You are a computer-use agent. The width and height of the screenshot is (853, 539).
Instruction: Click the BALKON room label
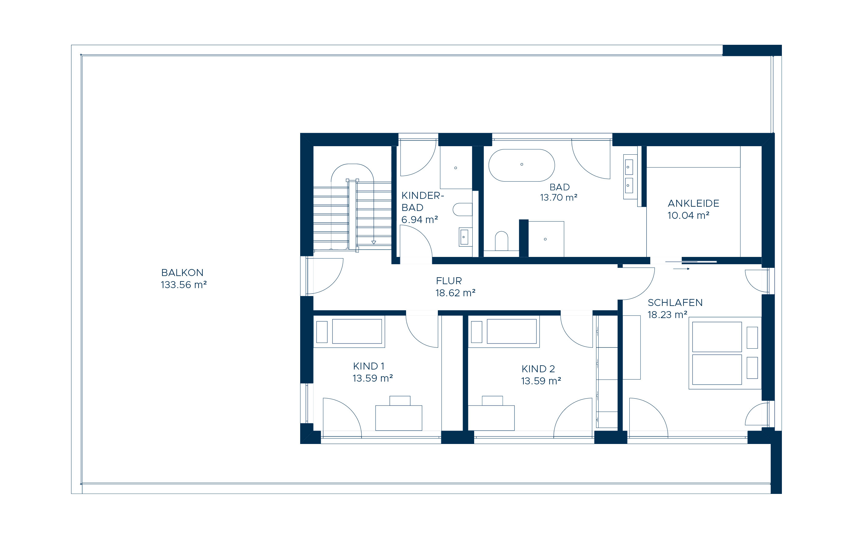point(182,272)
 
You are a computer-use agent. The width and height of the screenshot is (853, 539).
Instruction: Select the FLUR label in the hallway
point(449,281)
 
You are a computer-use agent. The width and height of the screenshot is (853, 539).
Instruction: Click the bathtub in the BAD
point(521,165)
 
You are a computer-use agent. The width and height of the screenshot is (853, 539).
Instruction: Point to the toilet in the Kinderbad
point(463,209)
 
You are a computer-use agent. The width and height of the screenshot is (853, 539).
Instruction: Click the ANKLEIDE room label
point(693,203)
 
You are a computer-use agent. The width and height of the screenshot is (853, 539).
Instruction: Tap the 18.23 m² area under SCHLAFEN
point(668,315)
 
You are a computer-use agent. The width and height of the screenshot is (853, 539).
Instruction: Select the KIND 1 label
point(369,366)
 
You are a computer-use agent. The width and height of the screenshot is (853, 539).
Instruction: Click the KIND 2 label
point(538,369)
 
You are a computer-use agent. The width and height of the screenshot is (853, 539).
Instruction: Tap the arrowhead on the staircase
point(373,243)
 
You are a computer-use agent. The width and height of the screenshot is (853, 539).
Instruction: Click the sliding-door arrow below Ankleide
point(681,269)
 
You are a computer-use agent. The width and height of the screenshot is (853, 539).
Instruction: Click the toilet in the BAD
point(501,241)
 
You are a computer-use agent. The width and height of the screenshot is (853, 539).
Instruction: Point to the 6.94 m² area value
point(419,220)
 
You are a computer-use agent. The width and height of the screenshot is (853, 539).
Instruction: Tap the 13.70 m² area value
point(559,197)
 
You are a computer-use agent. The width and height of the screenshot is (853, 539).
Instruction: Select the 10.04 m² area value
point(688,215)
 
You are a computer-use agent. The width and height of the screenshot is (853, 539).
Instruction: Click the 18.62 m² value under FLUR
point(455,293)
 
